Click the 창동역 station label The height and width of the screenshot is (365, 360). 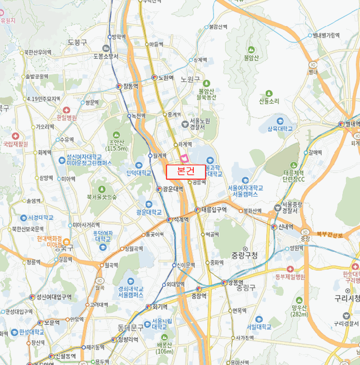(130, 86)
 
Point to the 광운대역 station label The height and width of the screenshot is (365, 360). (172, 189)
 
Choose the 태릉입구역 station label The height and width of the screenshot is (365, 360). (214, 210)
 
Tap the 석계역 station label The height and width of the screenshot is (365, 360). (181, 220)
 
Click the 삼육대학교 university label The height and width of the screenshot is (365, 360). (280, 128)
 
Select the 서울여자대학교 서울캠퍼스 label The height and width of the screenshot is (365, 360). (245, 191)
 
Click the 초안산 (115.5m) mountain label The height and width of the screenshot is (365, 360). (118, 145)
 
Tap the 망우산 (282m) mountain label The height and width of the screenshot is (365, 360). (299, 311)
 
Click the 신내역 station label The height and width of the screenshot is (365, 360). (285, 227)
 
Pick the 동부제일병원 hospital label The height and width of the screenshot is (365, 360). (290, 276)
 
